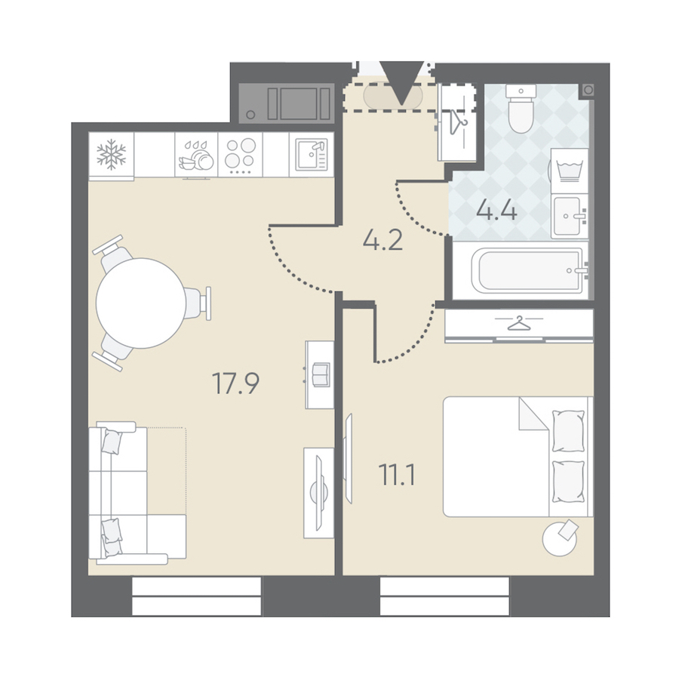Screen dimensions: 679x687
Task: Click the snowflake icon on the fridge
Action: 111,154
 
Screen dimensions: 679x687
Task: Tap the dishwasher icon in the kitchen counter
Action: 196,156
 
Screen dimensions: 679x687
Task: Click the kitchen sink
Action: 312,154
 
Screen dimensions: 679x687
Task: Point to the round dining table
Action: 141,303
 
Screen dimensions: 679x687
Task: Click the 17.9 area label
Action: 235,383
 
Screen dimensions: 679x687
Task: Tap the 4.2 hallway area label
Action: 383,240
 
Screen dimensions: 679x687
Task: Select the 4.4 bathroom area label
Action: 497,211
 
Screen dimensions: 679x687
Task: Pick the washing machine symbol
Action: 569,171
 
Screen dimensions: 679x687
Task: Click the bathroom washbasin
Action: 569,217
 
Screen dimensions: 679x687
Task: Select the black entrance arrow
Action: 402,83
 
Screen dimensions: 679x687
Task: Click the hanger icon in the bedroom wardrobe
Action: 519,323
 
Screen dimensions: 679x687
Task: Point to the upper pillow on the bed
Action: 568,430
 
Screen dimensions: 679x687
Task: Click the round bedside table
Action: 559,539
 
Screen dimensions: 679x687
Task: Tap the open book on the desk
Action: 321,374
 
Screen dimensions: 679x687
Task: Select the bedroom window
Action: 444,596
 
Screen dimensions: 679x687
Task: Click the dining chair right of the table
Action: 198,303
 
